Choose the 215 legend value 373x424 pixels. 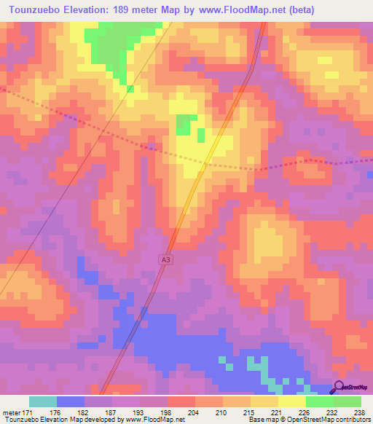[237, 412]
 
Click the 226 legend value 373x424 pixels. [292, 412]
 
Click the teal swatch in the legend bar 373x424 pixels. [42, 401]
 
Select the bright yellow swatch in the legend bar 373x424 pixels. [291, 401]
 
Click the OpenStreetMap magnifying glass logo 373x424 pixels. [339, 388]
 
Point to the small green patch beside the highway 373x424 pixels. [187, 124]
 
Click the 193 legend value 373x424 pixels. [129, 412]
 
